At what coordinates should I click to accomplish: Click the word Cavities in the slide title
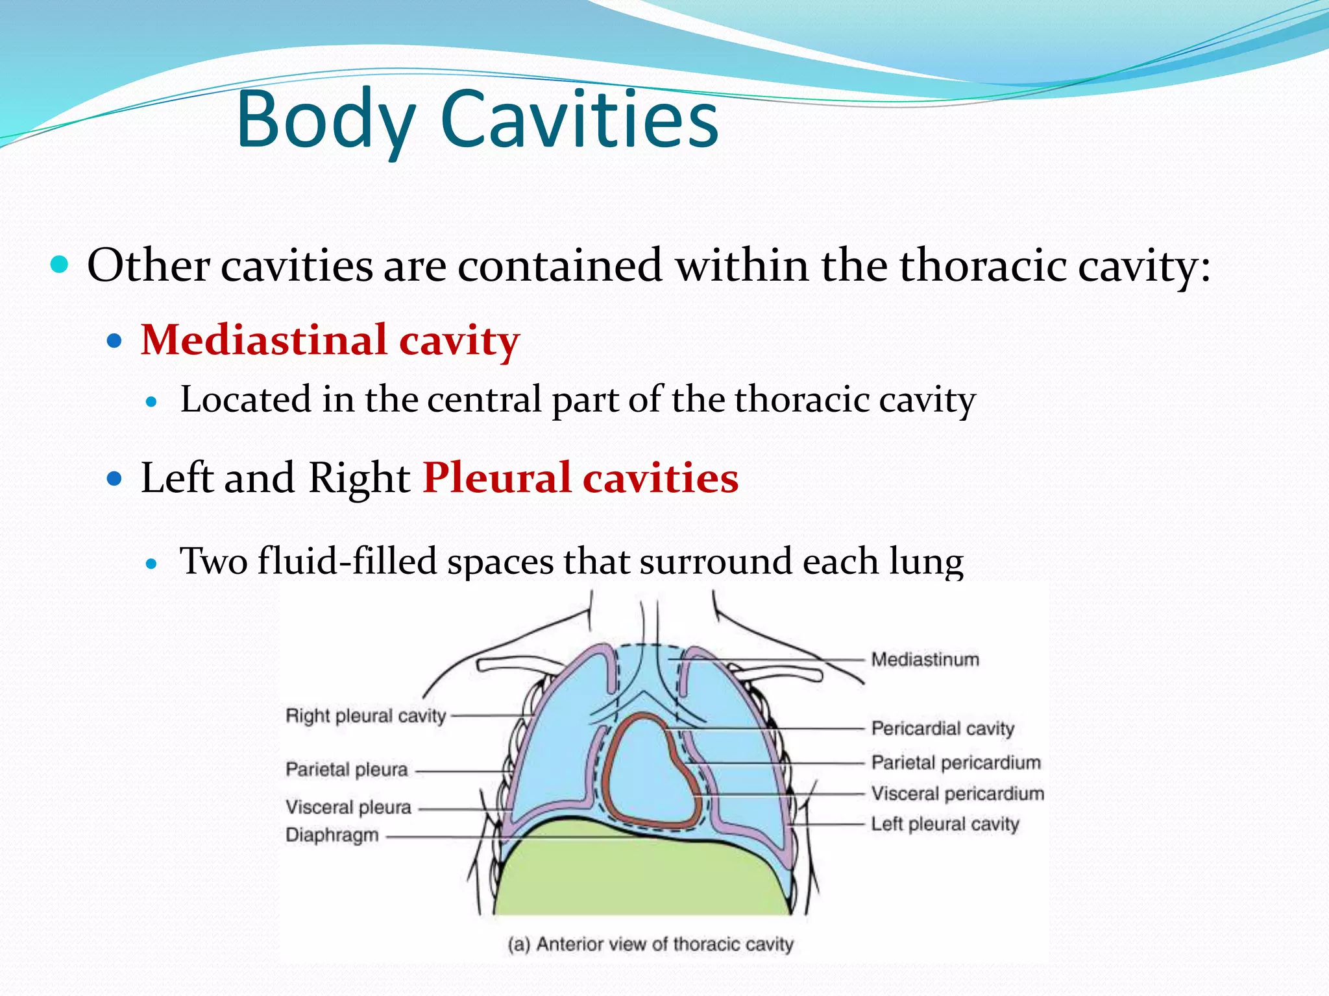click(x=579, y=121)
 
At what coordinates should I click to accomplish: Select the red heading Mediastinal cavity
click(x=330, y=340)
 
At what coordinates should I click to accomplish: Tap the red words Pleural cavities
click(x=581, y=478)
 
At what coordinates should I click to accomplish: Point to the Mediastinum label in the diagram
click(x=925, y=659)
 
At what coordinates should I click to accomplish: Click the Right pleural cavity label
click(x=366, y=716)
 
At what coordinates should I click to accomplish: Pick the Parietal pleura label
click(x=347, y=770)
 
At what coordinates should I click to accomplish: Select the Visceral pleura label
click(x=348, y=807)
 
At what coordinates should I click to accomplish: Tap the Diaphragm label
click(x=332, y=835)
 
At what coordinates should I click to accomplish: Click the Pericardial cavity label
click(x=942, y=728)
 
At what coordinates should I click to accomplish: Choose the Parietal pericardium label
click(x=956, y=763)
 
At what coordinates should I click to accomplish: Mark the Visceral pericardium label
click(x=957, y=794)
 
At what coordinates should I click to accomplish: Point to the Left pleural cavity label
click(x=945, y=824)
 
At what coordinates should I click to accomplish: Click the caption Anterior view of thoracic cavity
click(x=650, y=944)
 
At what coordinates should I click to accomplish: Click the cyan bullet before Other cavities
click(x=59, y=265)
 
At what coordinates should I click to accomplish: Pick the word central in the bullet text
click(x=484, y=399)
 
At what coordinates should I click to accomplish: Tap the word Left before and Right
click(x=177, y=478)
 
